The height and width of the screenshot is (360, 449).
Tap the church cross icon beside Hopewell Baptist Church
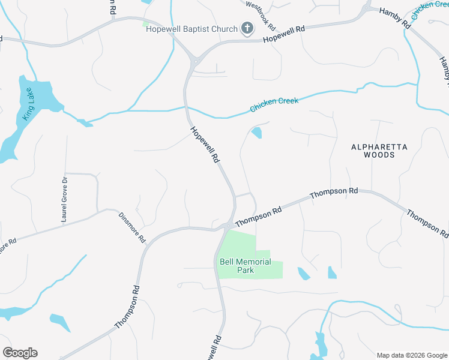click(x=246, y=28)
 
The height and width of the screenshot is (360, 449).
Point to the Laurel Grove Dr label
click(x=64, y=199)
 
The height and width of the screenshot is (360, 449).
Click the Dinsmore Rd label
click(x=132, y=227)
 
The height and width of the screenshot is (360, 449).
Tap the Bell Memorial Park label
click(x=245, y=266)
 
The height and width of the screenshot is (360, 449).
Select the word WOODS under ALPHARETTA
click(x=379, y=155)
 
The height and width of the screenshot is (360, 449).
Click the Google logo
click(x=20, y=353)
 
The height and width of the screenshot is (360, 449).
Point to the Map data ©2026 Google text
click(x=411, y=355)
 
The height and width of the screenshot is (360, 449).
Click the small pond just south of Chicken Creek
click(x=256, y=133)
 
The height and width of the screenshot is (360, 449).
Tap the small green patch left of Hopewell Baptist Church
click(x=145, y=24)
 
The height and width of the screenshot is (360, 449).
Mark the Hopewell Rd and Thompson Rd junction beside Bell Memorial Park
click(x=229, y=226)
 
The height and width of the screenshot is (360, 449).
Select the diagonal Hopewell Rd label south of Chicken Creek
click(x=205, y=145)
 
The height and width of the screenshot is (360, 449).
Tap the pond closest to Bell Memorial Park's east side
click(x=304, y=274)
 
